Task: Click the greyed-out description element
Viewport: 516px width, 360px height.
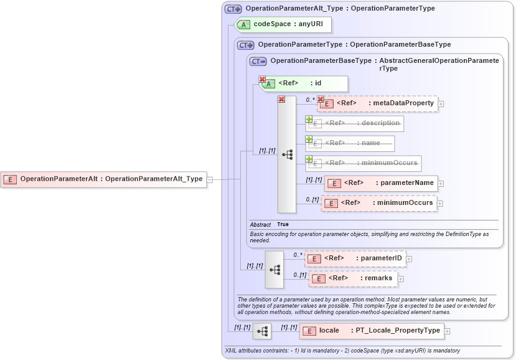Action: click(x=355, y=123)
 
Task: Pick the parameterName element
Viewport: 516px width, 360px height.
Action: click(x=381, y=183)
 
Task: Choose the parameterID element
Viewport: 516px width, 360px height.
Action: click(x=355, y=258)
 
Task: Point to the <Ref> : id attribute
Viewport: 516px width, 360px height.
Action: click(x=303, y=83)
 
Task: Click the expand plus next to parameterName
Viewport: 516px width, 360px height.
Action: click(x=441, y=183)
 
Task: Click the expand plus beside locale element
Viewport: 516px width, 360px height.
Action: click(x=447, y=331)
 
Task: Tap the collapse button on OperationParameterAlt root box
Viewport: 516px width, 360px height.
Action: click(x=210, y=179)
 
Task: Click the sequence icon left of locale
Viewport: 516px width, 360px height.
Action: click(x=262, y=331)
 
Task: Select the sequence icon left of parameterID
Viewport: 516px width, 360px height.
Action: click(x=274, y=269)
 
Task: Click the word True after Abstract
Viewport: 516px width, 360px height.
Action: click(x=283, y=224)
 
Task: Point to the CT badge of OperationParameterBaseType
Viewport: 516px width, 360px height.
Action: click(x=258, y=61)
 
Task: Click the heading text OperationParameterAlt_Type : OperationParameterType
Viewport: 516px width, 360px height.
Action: click(x=340, y=9)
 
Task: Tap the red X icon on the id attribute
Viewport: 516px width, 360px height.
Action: click(x=262, y=80)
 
